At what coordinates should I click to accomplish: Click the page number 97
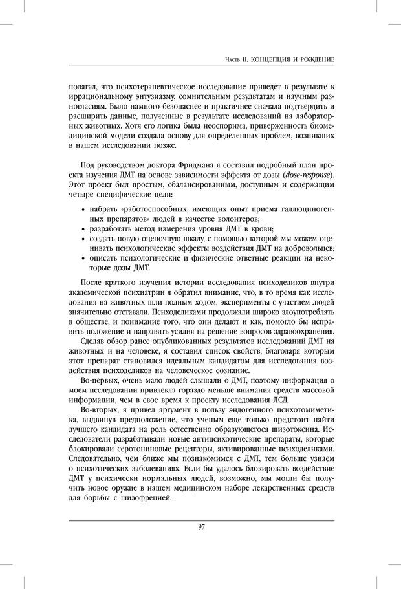[x=201, y=527]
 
